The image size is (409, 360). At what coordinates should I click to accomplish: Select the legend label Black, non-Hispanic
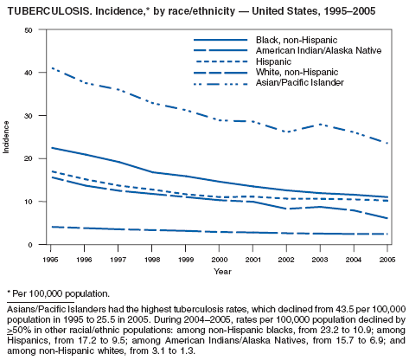297,40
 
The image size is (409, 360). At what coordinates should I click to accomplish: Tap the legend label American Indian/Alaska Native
318,50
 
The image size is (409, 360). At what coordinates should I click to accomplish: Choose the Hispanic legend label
273,61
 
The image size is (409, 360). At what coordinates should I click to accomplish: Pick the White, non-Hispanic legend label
297,72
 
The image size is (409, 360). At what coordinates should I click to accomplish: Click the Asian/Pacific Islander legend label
300,83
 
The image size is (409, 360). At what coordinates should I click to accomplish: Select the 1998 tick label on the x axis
152,260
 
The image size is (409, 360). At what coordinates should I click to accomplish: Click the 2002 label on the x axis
286,260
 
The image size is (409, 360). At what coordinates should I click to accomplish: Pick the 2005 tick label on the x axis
387,260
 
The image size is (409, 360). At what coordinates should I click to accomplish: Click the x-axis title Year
222,272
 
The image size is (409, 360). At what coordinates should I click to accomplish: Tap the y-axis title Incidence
6,137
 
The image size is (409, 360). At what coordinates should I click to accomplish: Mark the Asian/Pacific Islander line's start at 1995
51,68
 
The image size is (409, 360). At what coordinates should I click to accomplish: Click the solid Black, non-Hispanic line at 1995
51,148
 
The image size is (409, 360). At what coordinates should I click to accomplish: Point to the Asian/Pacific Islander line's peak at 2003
320,125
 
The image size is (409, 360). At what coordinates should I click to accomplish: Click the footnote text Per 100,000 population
61,293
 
